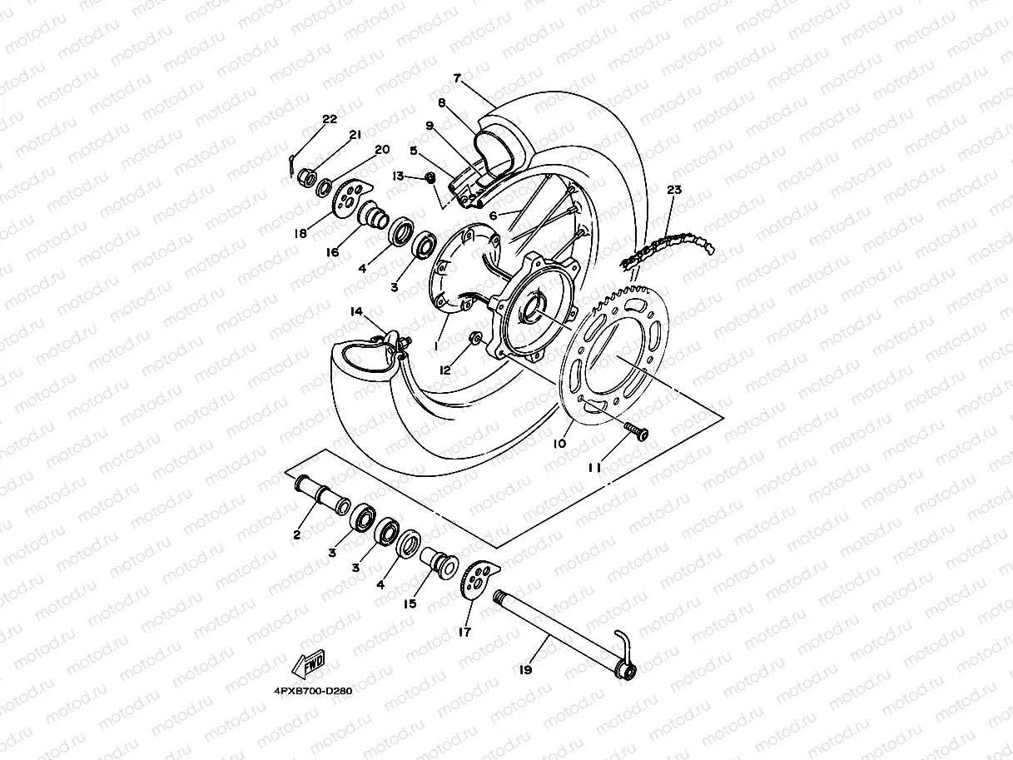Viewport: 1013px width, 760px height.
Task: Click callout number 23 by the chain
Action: pos(673,191)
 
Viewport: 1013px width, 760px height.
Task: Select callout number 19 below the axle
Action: pos(525,668)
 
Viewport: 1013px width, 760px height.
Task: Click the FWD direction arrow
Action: pos(309,665)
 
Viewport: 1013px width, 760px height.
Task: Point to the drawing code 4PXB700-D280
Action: pos(312,691)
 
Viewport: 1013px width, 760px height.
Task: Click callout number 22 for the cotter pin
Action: pos(330,119)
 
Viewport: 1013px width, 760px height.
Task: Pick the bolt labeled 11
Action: pos(637,430)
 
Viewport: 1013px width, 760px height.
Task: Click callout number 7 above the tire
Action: pos(457,77)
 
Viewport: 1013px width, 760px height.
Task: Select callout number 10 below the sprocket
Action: pos(559,444)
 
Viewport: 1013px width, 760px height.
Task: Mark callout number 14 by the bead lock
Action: pos(356,311)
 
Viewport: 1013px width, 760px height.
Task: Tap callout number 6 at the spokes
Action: pos(493,215)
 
